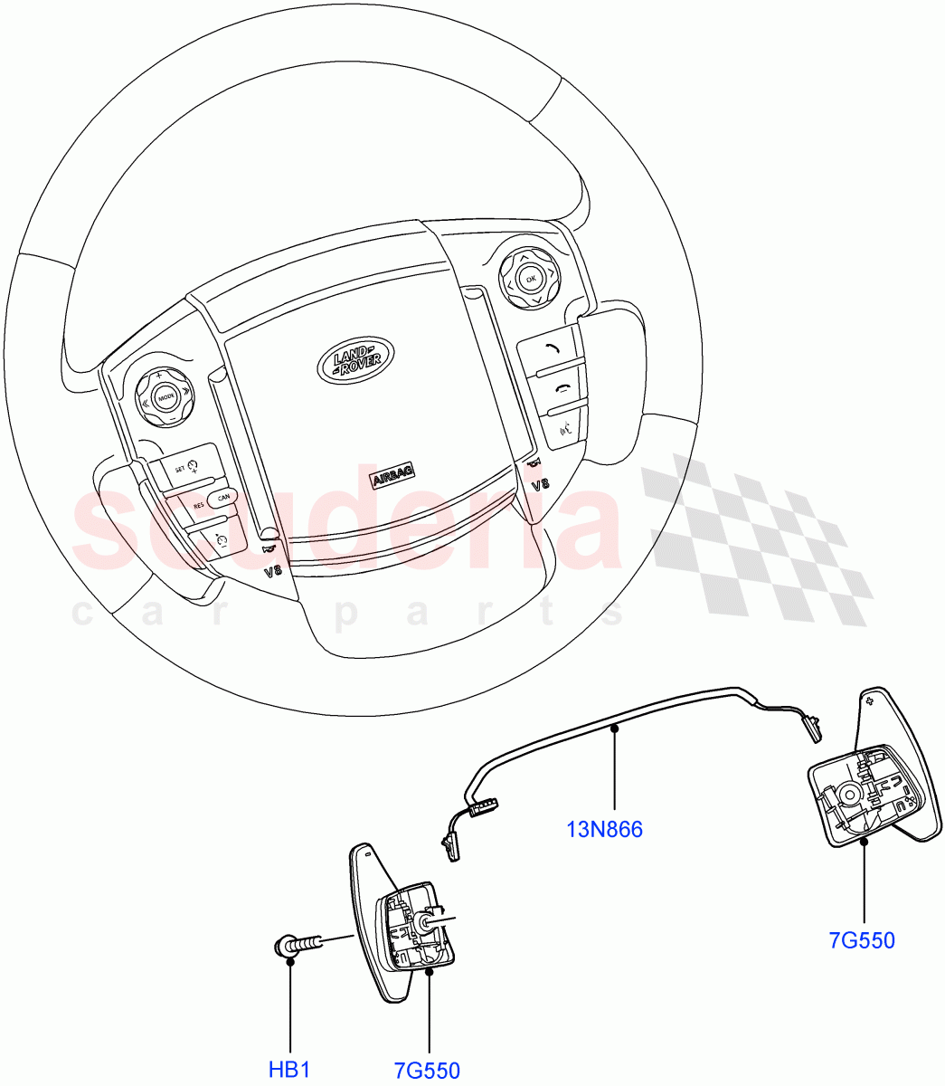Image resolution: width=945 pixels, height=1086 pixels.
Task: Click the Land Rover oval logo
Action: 355,359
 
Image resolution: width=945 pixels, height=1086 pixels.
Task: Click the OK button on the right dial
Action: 531,278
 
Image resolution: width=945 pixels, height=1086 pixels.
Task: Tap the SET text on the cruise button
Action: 179,468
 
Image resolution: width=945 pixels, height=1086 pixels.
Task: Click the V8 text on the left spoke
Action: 273,572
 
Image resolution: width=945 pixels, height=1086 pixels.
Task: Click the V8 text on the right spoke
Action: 539,485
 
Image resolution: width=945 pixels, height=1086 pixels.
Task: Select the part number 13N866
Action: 604,828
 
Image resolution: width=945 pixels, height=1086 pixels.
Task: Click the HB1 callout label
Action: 290,1070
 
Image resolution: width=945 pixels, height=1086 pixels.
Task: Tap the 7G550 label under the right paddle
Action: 862,940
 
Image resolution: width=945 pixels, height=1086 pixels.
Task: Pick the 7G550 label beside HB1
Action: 427,1071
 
